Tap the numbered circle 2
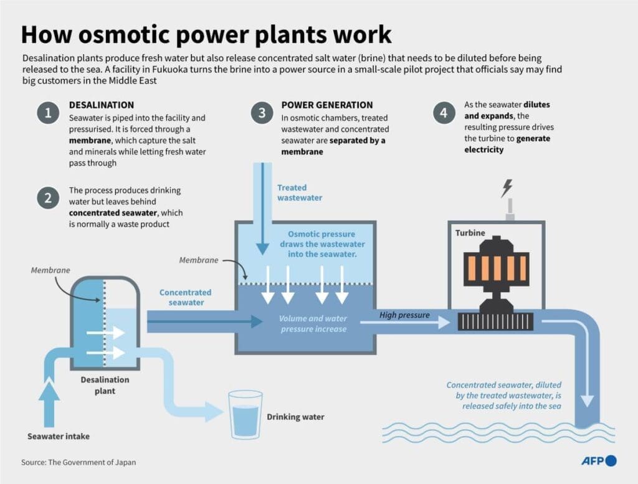(x=47, y=198)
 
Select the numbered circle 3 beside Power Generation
(x=262, y=113)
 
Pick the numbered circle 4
(x=443, y=113)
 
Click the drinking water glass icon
(x=245, y=414)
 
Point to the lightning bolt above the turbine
(x=507, y=188)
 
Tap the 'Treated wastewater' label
(x=300, y=192)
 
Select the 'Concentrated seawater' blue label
(x=185, y=297)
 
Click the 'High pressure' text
(x=404, y=315)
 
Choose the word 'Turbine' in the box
(x=470, y=232)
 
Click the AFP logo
(x=599, y=461)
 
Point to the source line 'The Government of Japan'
(x=79, y=462)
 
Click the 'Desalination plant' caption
(x=105, y=385)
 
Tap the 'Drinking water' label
(x=295, y=417)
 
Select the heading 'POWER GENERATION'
(x=327, y=105)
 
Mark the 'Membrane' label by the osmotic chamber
(x=199, y=260)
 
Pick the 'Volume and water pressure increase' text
(x=313, y=323)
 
